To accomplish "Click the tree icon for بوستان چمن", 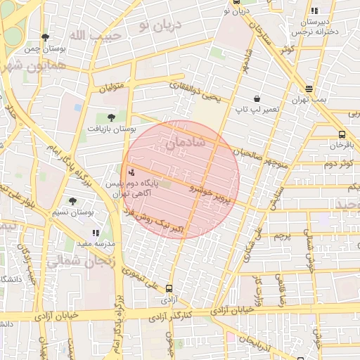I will pyautogui.click(x=46, y=37).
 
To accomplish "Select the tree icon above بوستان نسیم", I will pyautogui.click(x=72, y=201).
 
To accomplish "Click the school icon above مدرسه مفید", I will pyautogui.click(x=96, y=232).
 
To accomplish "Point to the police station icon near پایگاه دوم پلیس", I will pyautogui.click(x=131, y=172).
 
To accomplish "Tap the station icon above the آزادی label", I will pyautogui.click(x=169, y=288).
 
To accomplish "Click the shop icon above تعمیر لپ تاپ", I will pyautogui.click(x=257, y=99).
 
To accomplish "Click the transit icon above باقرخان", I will pyautogui.click(x=342, y=134).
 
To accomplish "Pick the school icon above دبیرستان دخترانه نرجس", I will pyautogui.click(x=314, y=11).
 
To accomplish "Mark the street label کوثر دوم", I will pyautogui.click(x=337, y=165).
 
